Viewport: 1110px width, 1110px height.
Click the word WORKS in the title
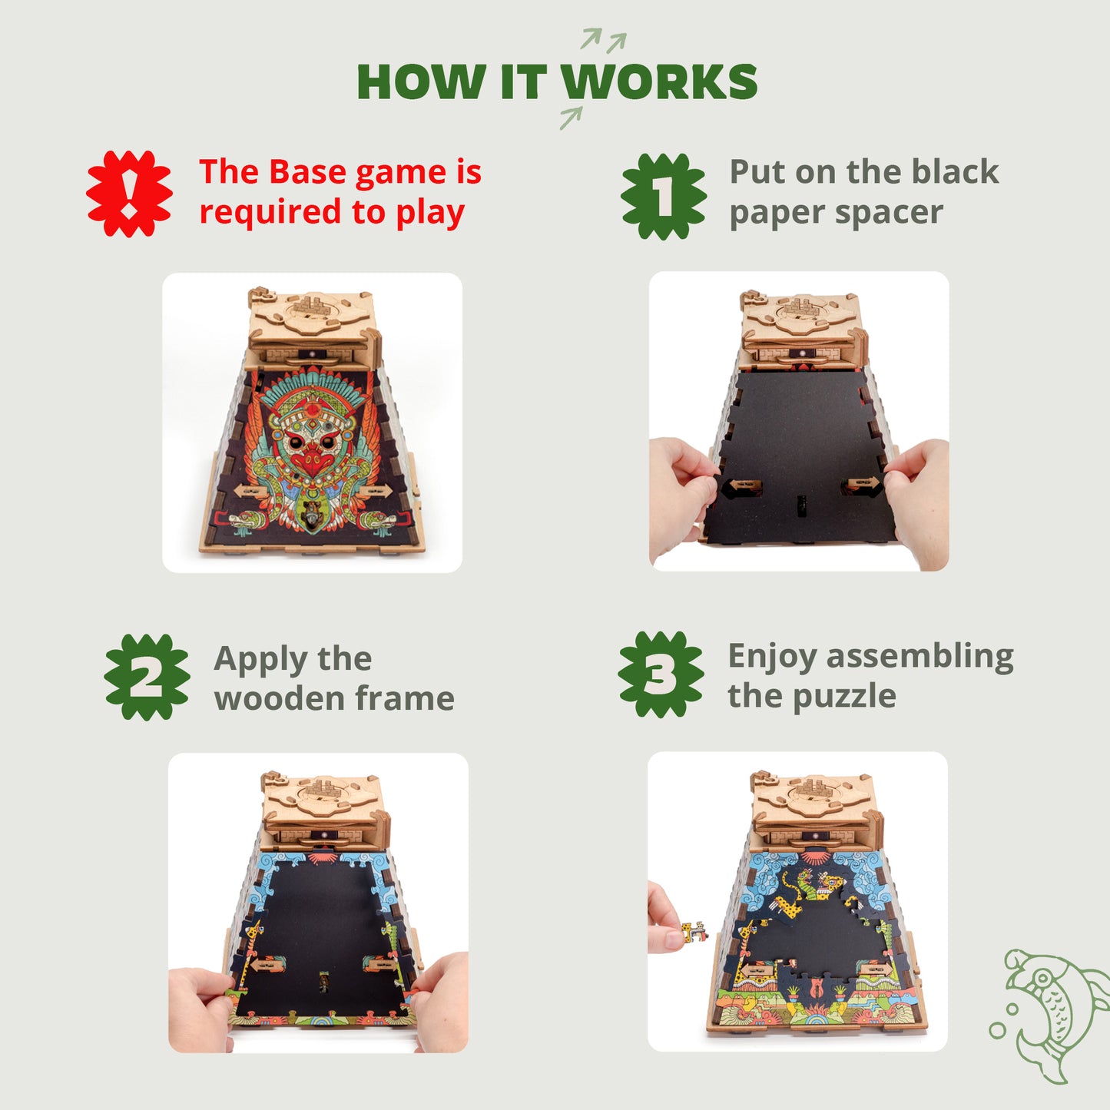coord(659,82)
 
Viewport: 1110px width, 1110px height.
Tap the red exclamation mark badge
coord(129,193)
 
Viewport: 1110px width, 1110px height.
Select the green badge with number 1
coord(664,196)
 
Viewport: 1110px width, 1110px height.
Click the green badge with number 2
coord(147,677)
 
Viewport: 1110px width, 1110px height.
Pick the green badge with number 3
coord(661,674)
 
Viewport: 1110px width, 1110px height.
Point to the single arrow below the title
coord(571,118)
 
